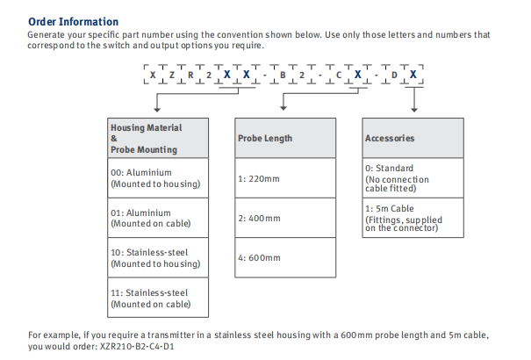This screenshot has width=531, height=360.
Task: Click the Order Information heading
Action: (73, 20)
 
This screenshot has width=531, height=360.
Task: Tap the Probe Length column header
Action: (265, 139)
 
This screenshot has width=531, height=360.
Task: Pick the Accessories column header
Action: (390, 139)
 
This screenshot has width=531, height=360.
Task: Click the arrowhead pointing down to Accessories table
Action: (413, 109)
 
